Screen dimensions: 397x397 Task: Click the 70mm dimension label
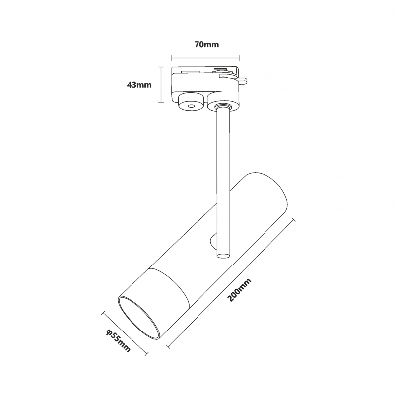(206, 45)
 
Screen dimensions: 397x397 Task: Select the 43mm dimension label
(139, 85)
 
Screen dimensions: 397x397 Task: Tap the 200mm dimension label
(239, 290)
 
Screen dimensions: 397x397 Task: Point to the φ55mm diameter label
(119, 341)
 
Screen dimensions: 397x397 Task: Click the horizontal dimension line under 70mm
(205, 58)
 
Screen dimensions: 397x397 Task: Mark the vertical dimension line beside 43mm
(160, 85)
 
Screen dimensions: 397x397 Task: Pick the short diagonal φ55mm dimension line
(125, 333)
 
